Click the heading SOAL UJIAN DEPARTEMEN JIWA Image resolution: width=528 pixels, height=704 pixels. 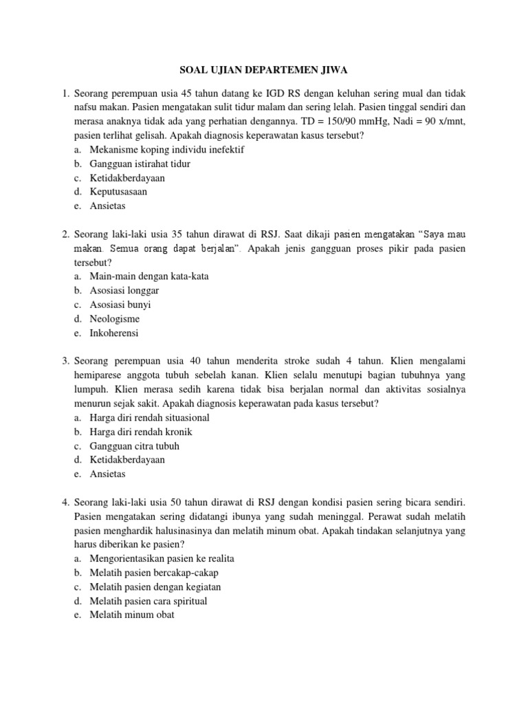click(263, 70)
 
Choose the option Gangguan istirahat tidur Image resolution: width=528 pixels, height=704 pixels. click(140, 164)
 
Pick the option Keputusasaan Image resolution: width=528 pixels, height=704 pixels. click(118, 192)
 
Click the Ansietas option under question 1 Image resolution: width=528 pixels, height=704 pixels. click(108, 206)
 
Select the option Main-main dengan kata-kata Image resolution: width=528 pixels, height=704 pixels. click(149, 276)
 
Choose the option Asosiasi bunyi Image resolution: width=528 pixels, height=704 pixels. click(120, 305)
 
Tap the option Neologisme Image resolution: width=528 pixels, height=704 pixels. click(115, 319)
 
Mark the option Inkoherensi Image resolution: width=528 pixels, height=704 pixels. click(114, 333)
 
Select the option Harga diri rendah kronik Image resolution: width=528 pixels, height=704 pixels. click(141, 432)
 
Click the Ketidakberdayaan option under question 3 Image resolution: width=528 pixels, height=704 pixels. click(127, 460)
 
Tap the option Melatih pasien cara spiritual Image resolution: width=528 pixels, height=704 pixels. click(148, 601)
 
